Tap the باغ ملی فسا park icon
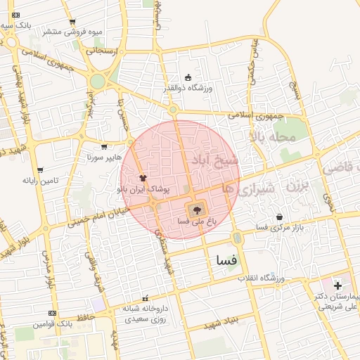click(196, 210)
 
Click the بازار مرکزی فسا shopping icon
click(281, 217)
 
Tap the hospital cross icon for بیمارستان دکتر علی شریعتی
click(338, 285)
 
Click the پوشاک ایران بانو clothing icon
click(143, 178)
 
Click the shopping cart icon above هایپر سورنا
click(104, 148)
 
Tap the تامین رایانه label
click(41, 181)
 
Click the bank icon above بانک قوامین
click(52, 313)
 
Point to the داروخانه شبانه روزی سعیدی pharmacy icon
click(146, 297)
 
